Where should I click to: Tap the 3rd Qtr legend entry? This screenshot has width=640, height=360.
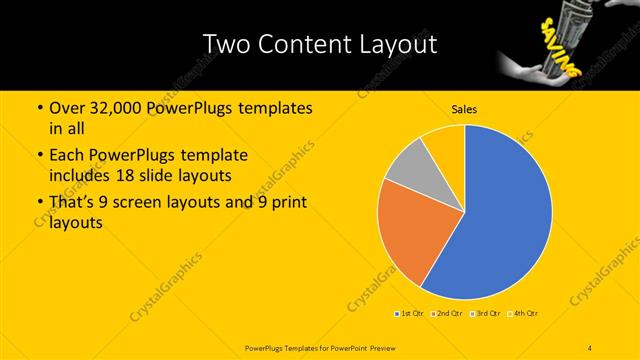click(485, 314)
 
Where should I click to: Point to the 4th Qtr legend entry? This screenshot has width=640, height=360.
click(523, 314)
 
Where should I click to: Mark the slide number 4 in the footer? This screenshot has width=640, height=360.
click(590, 347)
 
